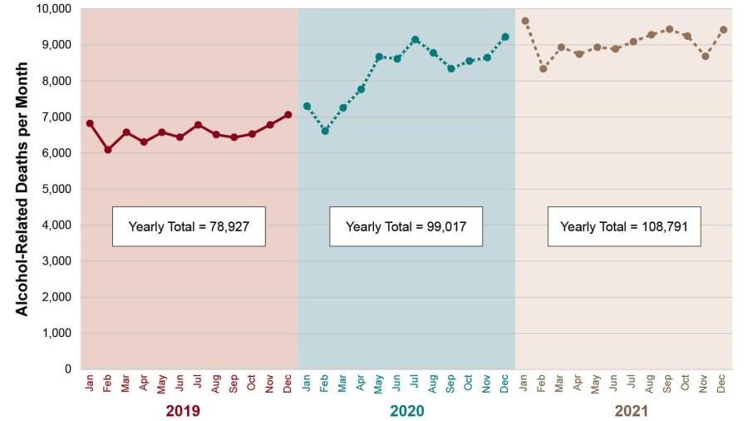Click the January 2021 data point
(524, 21)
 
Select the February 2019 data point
(108, 150)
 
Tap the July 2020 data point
(415, 39)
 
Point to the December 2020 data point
(505, 37)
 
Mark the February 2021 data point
(543, 68)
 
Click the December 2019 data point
(288, 115)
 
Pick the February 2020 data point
(325, 131)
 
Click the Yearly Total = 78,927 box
(189, 226)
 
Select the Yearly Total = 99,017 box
(406, 226)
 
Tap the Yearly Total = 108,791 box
(623, 226)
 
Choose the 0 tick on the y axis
(68, 369)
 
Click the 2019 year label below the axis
(183, 411)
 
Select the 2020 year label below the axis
(407, 411)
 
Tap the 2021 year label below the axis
(631, 411)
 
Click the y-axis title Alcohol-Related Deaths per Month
(23, 189)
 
